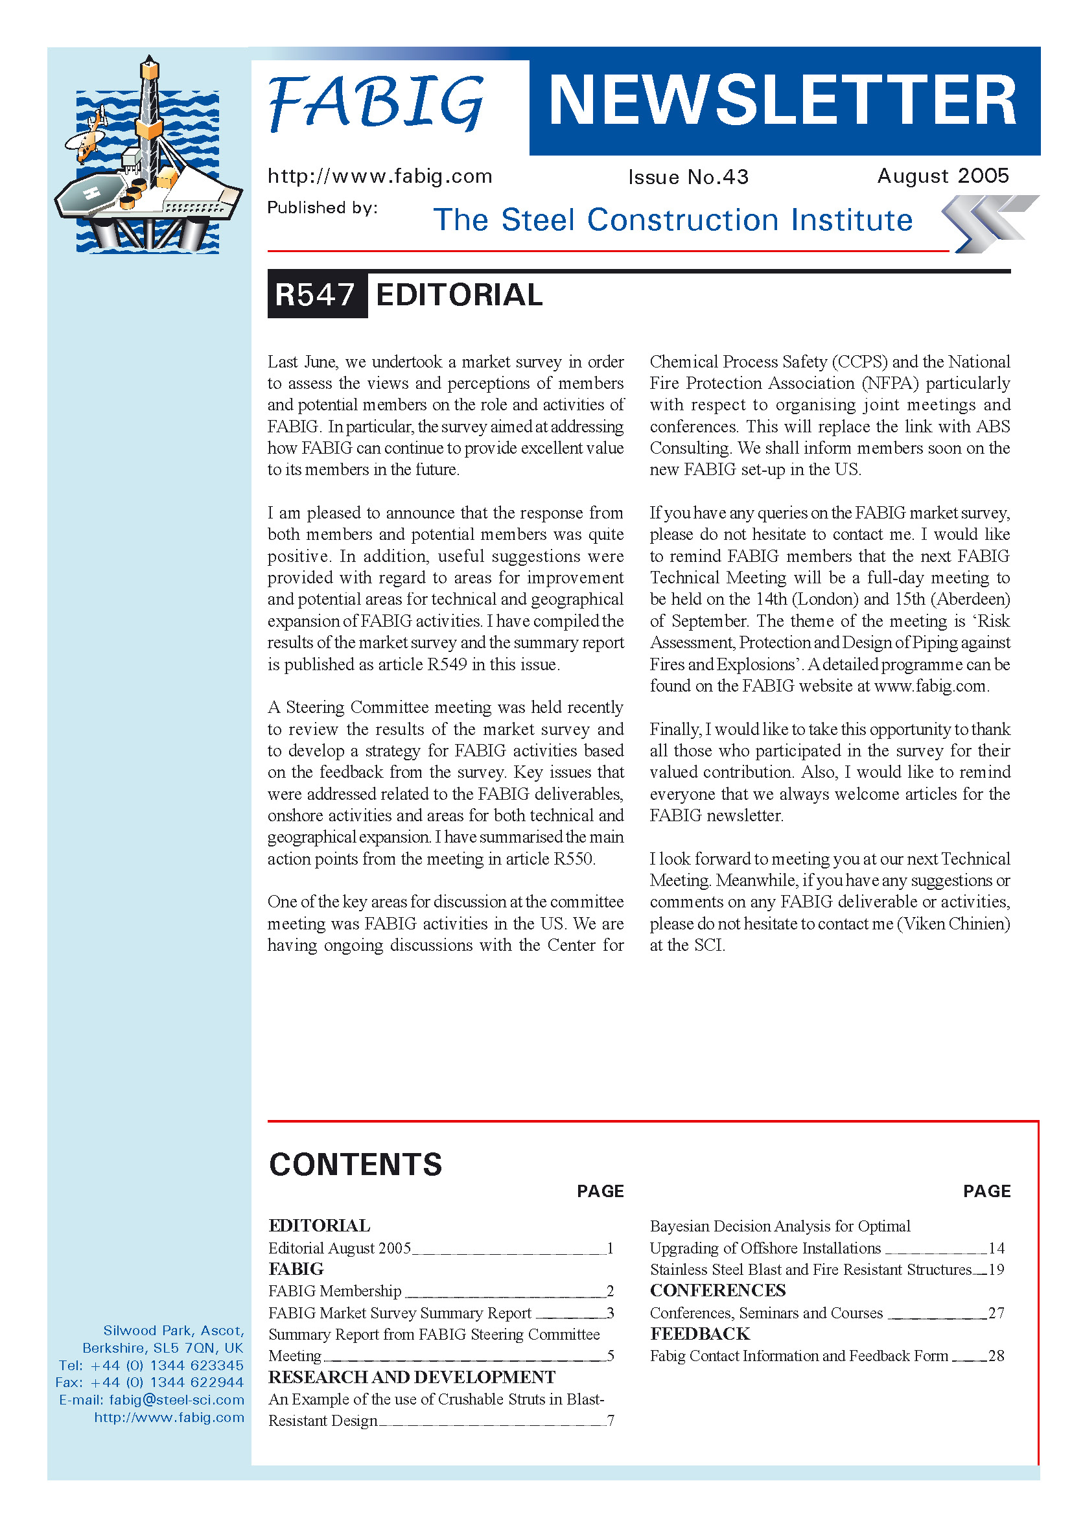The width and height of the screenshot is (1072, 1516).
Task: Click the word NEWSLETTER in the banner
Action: click(783, 100)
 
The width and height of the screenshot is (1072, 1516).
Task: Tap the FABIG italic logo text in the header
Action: click(377, 102)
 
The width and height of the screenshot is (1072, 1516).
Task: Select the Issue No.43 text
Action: click(688, 177)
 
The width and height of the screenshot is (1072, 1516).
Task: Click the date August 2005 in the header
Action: click(942, 176)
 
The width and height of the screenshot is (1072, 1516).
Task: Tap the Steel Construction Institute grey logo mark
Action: click(989, 223)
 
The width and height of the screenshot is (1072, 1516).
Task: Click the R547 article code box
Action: click(316, 294)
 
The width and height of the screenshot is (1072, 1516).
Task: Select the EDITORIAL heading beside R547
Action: click(459, 294)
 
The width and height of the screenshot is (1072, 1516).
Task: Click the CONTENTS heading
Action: click(355, 1163)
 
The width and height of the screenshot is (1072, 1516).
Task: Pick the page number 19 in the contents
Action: click(996, 1269)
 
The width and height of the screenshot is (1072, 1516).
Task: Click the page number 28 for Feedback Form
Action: click(996, 1355)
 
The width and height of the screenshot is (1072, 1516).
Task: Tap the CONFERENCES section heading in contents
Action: click(717, 1290)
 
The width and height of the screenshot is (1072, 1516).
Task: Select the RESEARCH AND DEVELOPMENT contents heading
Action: click(412, 1377)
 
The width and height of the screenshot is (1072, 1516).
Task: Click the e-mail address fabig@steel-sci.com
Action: click(176, 1400)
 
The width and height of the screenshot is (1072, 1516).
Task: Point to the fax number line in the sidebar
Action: click(150, 1382)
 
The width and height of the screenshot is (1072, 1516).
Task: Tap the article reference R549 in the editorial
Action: click(447, 664)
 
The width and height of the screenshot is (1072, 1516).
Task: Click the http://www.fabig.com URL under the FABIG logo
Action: click(380, 176)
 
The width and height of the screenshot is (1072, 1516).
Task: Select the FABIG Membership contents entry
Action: click(334, 1291)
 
